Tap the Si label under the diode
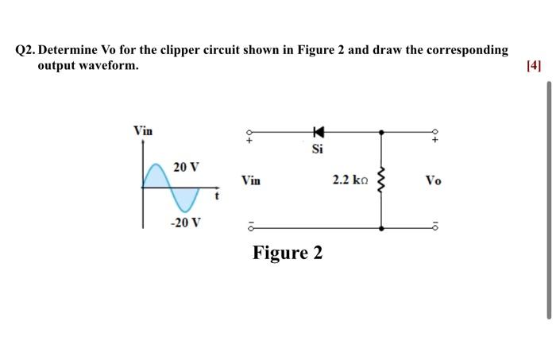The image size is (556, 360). [318, 149]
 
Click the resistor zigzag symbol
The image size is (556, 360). [381, 180]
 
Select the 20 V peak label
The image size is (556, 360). [187, 168]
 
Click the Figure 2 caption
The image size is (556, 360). [288, 253]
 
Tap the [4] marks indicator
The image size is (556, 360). [533, 66]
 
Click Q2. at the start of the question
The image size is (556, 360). [30, 50]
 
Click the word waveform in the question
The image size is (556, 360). [111, 65]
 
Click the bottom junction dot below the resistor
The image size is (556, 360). [382, 228]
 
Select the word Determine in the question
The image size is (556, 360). [75, 50]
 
